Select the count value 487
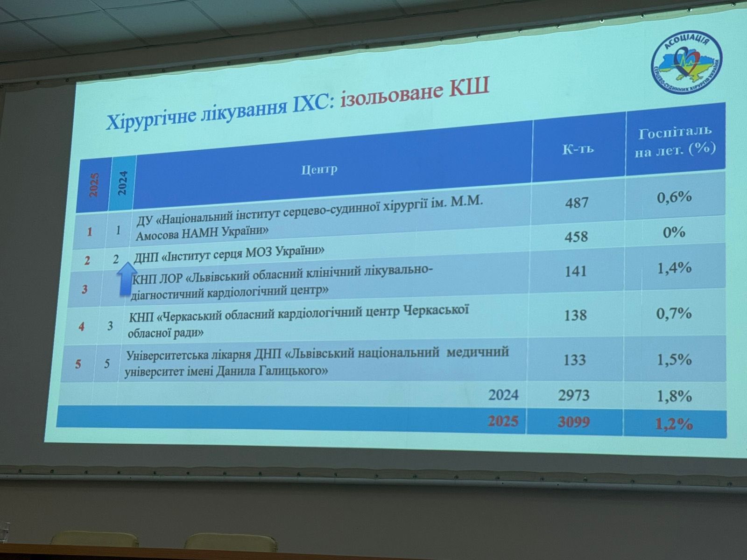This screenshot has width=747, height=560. [x=577, y=202]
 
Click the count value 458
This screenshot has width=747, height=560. [x=576, y=236]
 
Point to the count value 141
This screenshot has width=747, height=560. [x=575, y=271]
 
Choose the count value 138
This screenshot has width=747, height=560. [x=575, y=315]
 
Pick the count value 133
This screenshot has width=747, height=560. [x=574, y=360]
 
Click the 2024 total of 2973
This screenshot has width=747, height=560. [x=574, y=395]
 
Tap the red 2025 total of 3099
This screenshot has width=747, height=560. [x=574, y=422]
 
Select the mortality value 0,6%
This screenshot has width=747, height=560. [x=674, y=197]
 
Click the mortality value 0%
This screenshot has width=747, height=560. [x=674, y=232]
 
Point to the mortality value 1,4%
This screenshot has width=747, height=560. [x=674, y=268]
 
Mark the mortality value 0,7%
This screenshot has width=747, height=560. [x=674, y=313]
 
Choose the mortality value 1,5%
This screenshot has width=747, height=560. [x=674, y=359]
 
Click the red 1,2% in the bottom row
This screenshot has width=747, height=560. [x=674, y=424]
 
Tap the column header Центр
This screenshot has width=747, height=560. [x=319, y=168]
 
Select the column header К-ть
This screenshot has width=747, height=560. [x=578, y=149]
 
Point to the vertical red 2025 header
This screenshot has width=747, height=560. [x=94, y=185]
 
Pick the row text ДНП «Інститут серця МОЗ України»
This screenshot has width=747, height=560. [x=229, y=252]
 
